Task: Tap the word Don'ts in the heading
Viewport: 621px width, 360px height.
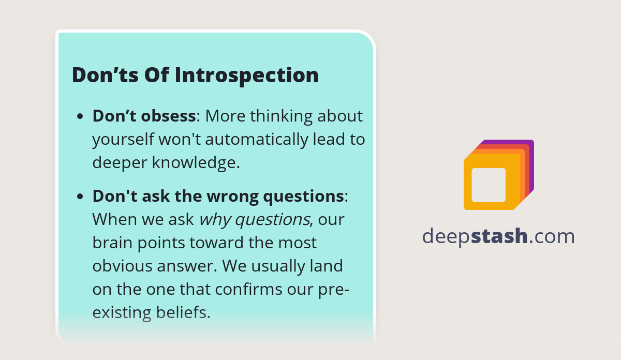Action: [103, 75]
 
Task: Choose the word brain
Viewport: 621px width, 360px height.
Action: [110, 243]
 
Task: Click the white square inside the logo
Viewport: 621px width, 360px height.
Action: [489, 185]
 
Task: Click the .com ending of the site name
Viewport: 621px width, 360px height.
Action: [552, 236]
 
